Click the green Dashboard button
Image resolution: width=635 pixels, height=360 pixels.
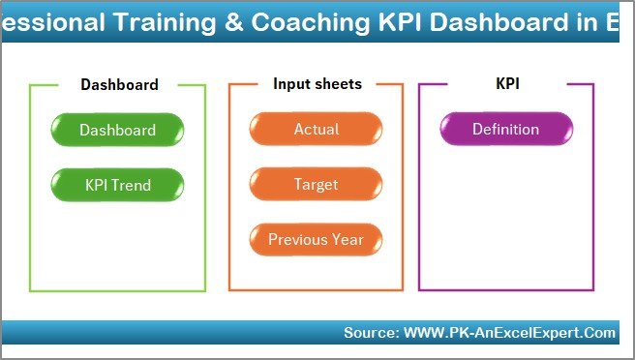[x=117, y=130]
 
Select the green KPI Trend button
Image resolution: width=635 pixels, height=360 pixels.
[x=117, y=185]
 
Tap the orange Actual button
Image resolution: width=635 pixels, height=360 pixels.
[x=317, y=130]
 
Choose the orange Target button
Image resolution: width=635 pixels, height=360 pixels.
[x=317, y=185]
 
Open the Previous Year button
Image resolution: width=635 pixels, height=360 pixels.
[x=317, y=240]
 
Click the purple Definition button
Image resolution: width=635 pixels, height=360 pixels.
[x=505, y=130]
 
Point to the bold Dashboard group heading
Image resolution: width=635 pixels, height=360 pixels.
[x=119, y=85]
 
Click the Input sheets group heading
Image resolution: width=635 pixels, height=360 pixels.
[x=317, y=84]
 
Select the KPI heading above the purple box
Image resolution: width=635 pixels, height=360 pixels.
[x=507, y=84]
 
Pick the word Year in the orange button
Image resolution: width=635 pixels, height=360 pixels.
[x=348, y=240]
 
